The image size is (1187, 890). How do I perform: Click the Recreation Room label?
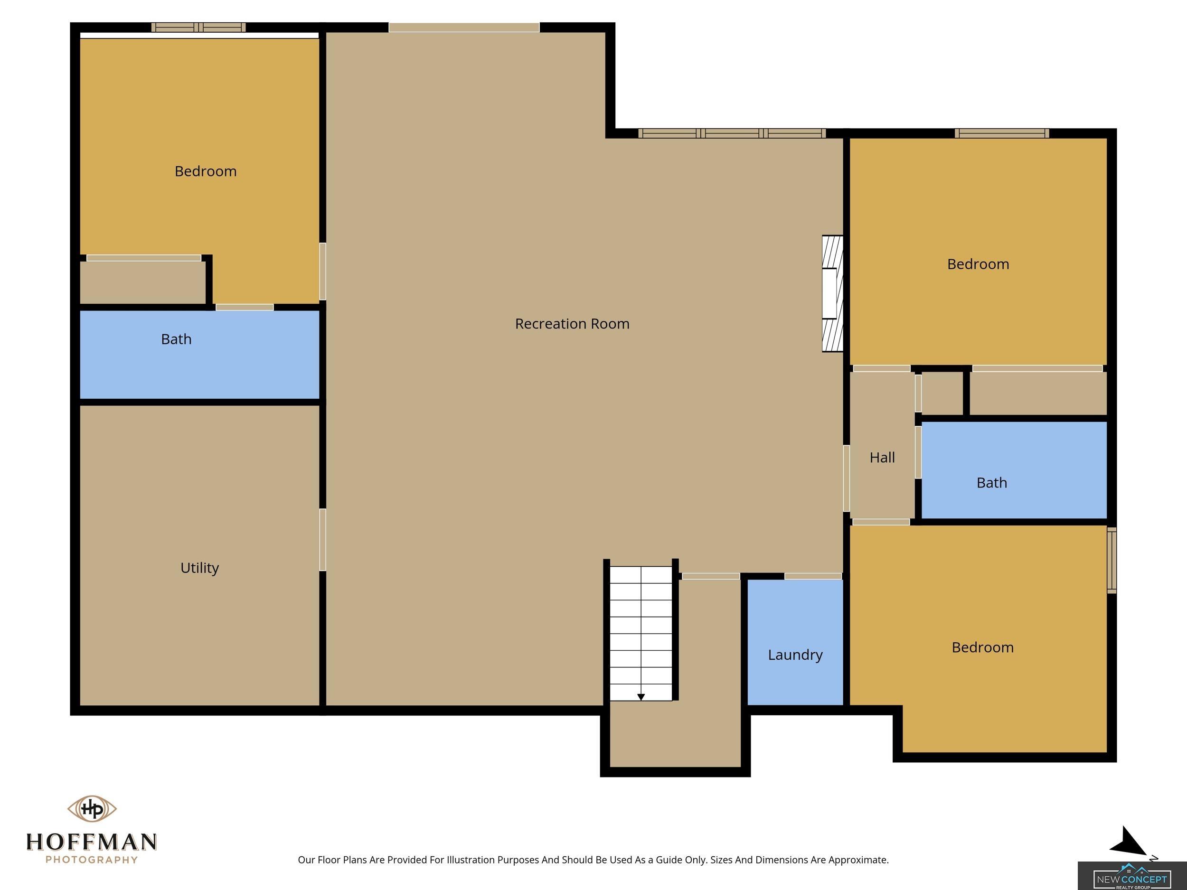pyautogui.click(x=572, y=324)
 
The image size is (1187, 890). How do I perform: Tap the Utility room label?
pyautogui.click(x=199, y=568)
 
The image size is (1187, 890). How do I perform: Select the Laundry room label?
pyautogui.click(x=795, y=655)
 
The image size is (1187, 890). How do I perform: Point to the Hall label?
pyautogui.click(x=882, y=457)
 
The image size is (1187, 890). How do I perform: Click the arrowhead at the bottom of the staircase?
pyautogui.click(x=641, y=697)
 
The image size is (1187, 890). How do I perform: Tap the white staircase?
pyautogui.click(x=641, y=633)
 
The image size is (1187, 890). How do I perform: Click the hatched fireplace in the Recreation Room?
pyautogui.click(x=832, y=293)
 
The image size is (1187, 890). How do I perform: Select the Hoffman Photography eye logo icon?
pyautogui.click(x=92, y=808)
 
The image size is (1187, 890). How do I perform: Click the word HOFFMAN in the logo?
pyautogui.click(x=92, y=842)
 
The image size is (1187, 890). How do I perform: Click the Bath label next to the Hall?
pyautogui.click(x=992, y=483)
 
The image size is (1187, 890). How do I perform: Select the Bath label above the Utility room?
pyautogui.click(x=176, y=339)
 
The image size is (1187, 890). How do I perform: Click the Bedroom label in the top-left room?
pyautogui.click(x=206, y=171)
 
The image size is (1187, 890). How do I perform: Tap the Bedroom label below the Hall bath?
pyautogui.click(x=982, y=647)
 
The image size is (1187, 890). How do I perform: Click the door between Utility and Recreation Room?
pyautogui.click(x=322, y=540)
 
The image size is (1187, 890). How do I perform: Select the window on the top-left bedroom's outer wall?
pyautogui.click(x=198, y=28)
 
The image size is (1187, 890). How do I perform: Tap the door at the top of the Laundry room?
pyautogui.click(x=813, y=576)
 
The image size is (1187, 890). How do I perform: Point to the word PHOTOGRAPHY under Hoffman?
pyautogui.click(x=92, y=860)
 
